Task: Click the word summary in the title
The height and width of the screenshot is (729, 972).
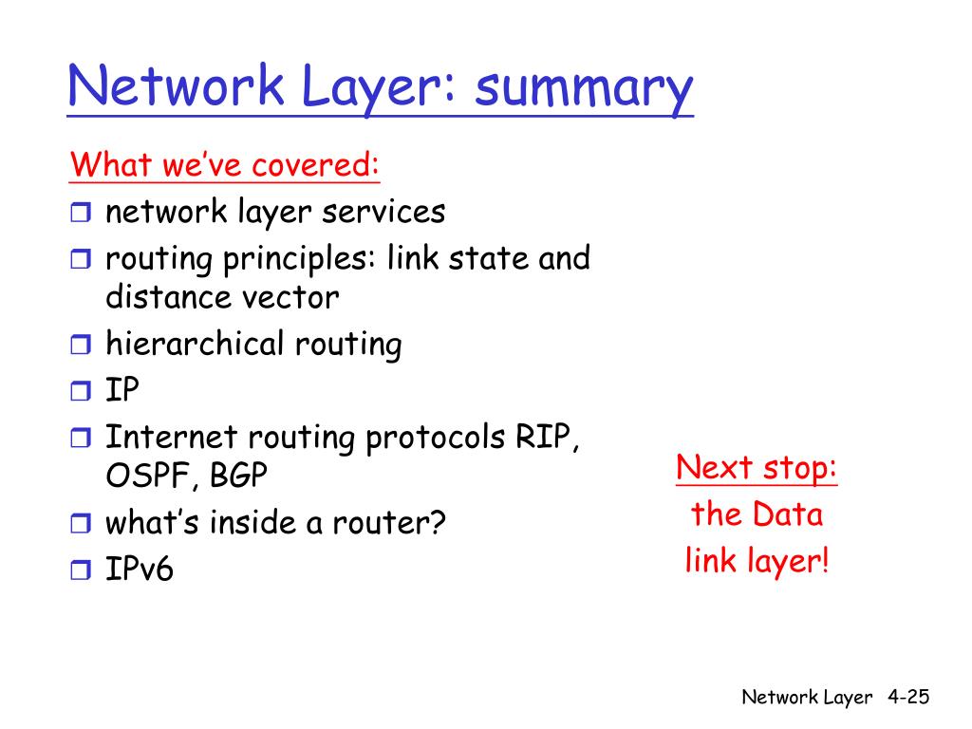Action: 584,89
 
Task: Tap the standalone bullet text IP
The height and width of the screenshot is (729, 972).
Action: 121,390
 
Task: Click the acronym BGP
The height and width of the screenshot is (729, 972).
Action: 239,476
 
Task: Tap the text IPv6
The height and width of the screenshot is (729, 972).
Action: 140,569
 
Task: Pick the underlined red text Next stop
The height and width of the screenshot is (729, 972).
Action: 757,468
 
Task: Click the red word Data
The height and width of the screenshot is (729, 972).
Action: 788,514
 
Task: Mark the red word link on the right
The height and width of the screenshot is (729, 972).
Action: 706,560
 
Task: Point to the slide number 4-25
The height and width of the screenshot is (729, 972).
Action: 908,698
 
